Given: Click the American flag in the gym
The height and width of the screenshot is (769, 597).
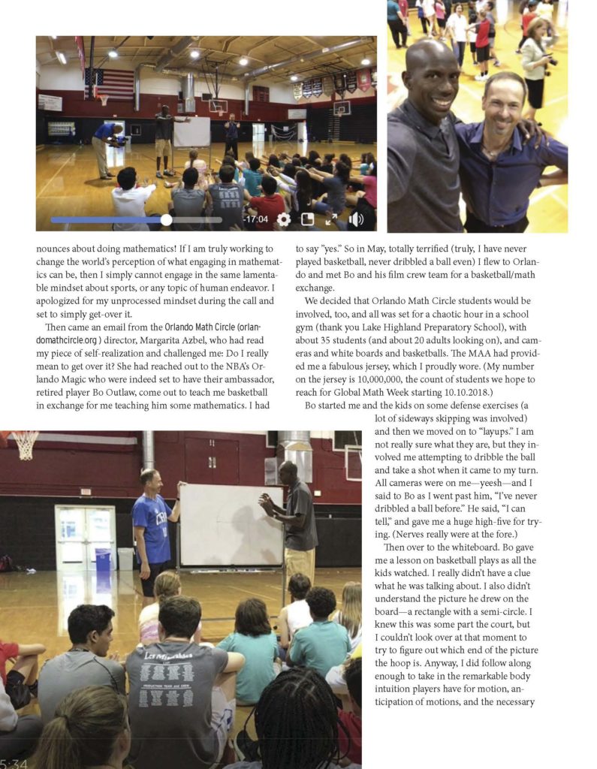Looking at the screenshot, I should coord(108,83).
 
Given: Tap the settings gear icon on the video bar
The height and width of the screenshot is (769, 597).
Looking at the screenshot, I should coord(283,219).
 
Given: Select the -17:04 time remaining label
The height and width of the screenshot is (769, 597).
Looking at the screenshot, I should coord(255,219).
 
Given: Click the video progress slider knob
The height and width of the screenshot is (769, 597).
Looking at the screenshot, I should coord(166,219).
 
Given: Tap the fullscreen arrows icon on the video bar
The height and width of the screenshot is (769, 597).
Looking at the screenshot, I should coord(331,219).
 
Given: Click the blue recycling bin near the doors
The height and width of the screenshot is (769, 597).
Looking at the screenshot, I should coord(103,559).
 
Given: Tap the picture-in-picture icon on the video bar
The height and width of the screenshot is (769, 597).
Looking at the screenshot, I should coord(307,219).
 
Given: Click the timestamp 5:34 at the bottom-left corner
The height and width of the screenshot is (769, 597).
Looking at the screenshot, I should coord(14,762).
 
